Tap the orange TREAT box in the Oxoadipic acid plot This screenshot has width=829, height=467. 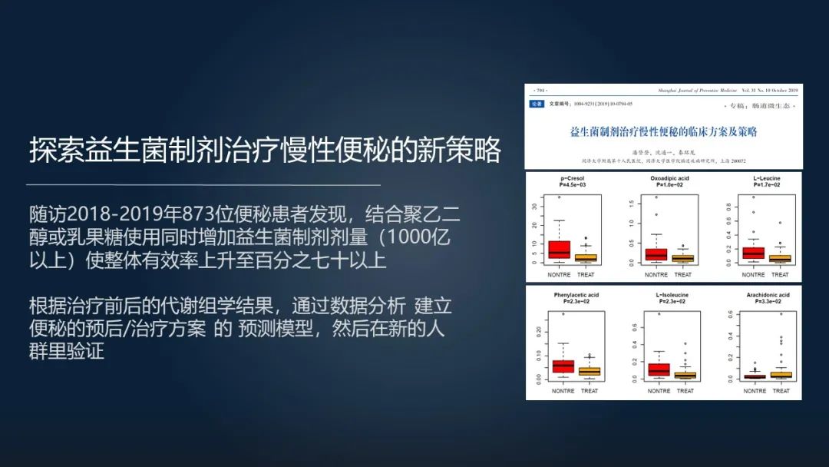(x=682, y=258)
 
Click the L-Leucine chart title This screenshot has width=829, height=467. (x=766, y=178)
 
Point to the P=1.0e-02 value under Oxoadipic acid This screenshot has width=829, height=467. (x=665, y=185)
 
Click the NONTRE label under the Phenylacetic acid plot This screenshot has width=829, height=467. (x=562, y=391)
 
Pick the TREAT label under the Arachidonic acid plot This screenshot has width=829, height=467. (x=781, y=391)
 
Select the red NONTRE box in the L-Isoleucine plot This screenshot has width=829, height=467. (x=659, y=369)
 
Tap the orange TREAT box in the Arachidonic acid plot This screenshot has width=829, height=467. (x=781, y=375)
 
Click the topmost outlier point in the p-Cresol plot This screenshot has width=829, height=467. (x=559, y=197)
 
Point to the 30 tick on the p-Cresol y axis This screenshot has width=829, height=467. (x=534, y=206)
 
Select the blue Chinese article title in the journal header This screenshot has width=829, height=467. (x=664, y=131)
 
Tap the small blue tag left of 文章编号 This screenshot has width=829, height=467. (x=537, y=104)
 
